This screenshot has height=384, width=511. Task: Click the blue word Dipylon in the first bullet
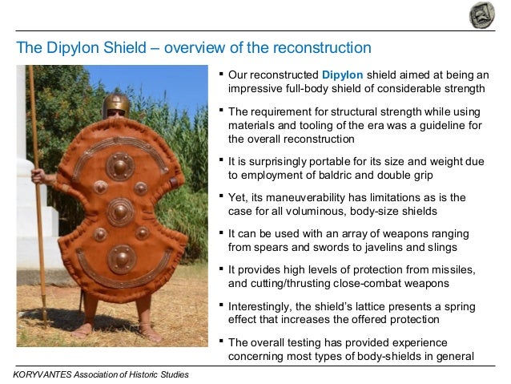341,75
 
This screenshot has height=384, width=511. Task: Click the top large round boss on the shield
120,166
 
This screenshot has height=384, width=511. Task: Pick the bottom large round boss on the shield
121,258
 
